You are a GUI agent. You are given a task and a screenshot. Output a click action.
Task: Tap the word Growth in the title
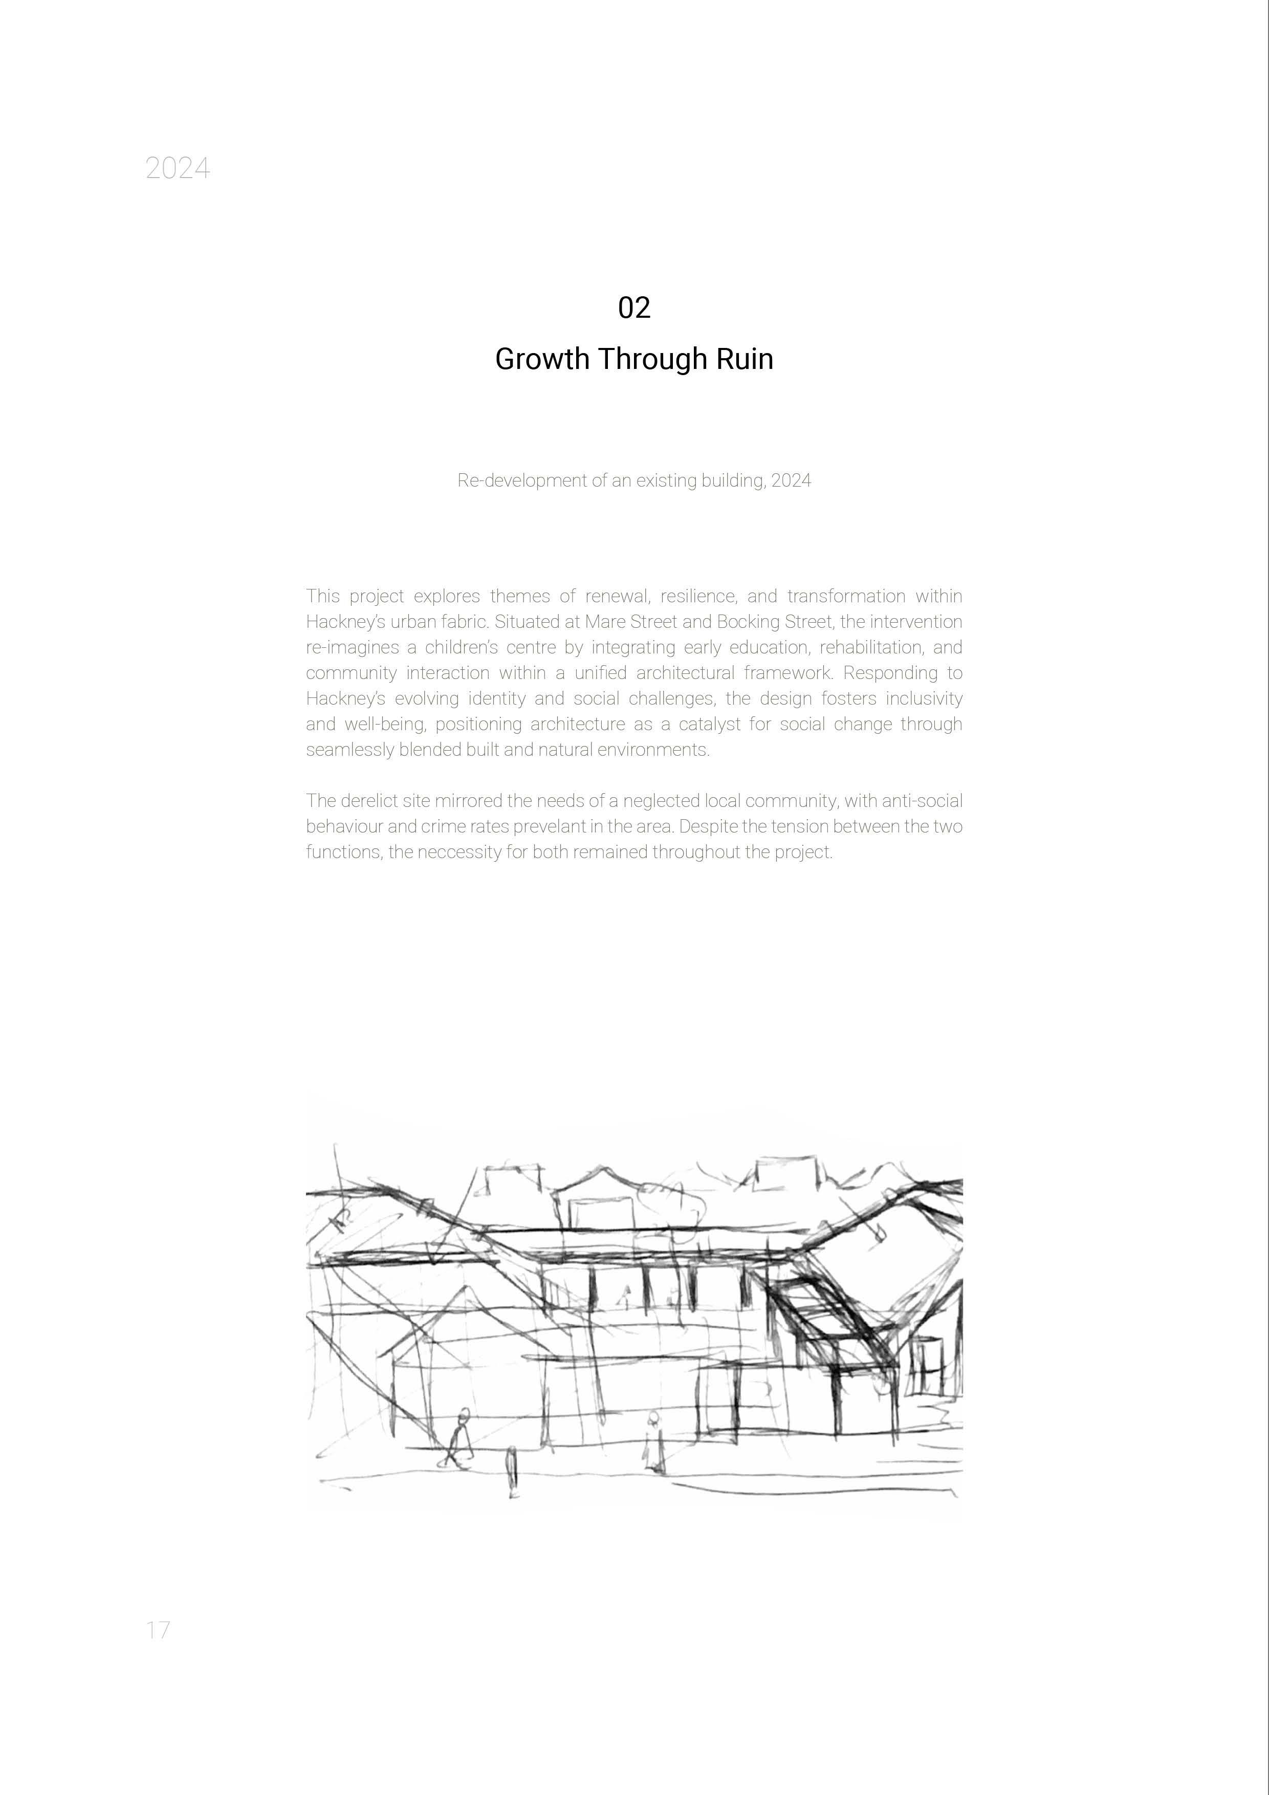(542, 359)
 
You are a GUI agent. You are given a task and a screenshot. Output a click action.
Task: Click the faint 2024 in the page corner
(178, 168)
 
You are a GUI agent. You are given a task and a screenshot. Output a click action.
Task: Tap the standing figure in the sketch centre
(653, 1443)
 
